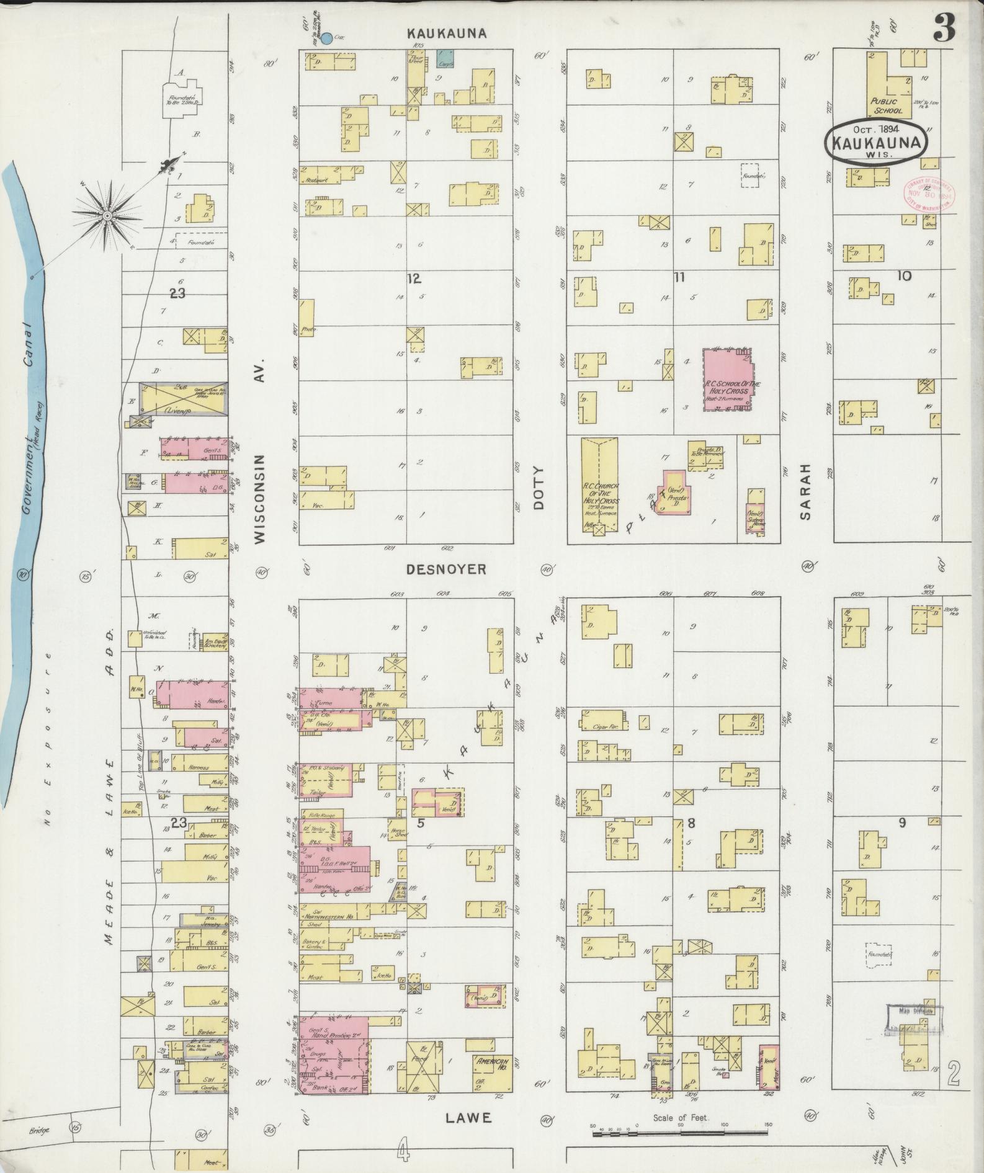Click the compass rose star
pyautogui.click(x=107, y=215)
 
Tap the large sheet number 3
pyautogui.click(x=943, y=28)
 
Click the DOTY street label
pyautogui.click(x=539, y=488)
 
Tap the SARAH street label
pyautogui.click(x=805, y=490)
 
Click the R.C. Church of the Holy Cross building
pyautogui.click(x=599, y=484)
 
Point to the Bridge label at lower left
pyautogui.click(x=38, y=1130)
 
